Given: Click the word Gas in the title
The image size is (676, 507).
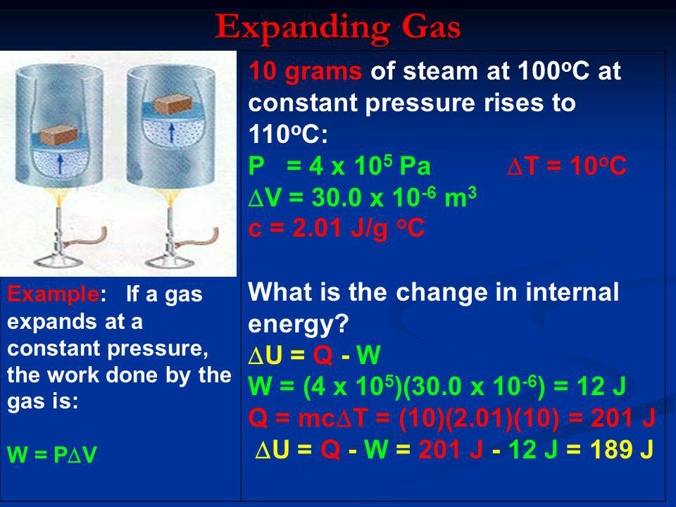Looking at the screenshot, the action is pyautogui.click(x=431, y=26).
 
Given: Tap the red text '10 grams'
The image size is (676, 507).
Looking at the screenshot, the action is pyautogui.click(x=305, y=71).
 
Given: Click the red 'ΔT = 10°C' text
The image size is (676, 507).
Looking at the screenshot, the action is pyautogui.click(x=566, y=165).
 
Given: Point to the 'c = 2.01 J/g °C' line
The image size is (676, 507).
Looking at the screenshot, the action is pyautogui.click(x=337, y=228).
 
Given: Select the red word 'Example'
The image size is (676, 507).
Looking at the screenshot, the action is pyautogui.click(x=53, y=294).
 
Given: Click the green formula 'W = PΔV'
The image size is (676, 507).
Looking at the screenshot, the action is pyautogui.click(x=52, y=454).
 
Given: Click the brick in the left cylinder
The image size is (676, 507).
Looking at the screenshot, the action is pyautogui.click(x=58, y=136).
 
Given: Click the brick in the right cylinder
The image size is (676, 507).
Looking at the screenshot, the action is pyautogui.click(x=173, y=104).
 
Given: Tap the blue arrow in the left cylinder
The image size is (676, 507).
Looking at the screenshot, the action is pyautogui.click(x=60, y=164).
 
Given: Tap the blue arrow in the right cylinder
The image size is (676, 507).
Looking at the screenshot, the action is pyautogui.click(x=172, y=133).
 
